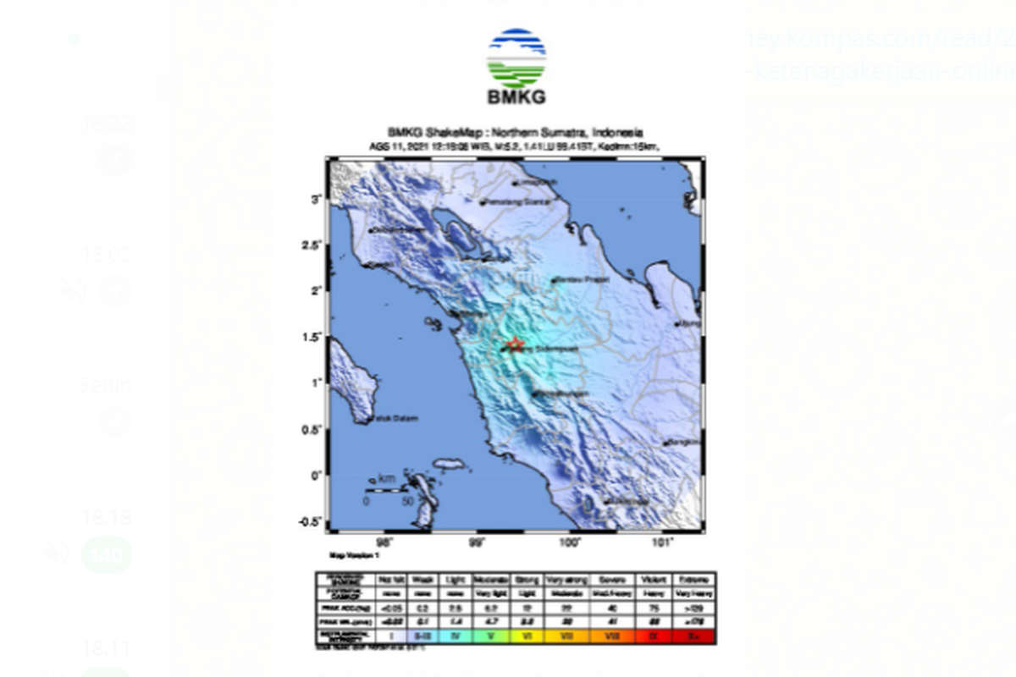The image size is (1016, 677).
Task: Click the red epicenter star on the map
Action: click(x=515, y=344)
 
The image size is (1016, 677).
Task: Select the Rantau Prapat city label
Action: click(x=581, y=280)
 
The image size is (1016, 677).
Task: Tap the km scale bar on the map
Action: click(x=386, y=489)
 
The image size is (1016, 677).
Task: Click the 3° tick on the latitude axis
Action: click(x=314, y=199)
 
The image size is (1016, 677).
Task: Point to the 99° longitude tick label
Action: click(x=478, y=542)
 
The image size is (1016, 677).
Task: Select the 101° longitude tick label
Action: click(x=663, y=542)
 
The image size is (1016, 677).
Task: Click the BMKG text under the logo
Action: click(x=516, y=96)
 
